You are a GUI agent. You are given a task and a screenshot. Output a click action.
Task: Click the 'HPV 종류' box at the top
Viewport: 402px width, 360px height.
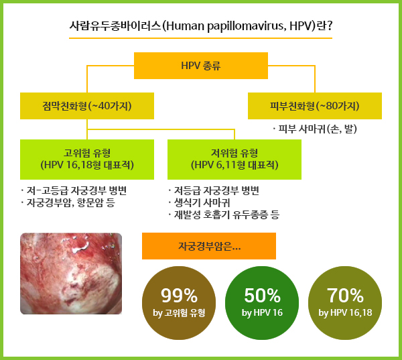[x=201, y=66]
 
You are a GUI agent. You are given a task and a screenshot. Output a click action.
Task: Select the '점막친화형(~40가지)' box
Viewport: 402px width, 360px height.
[x=87, y=106]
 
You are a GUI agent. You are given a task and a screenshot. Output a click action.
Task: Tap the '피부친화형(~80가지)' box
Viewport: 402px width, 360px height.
[x=315, y=106]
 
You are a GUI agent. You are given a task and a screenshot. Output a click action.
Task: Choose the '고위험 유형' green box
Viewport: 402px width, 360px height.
[x=87, y=160]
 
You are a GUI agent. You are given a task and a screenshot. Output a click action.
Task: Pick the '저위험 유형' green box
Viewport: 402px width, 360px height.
[x=234, y=160]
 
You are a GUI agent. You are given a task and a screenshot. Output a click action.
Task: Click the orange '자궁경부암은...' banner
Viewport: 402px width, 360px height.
[x=209, y=246]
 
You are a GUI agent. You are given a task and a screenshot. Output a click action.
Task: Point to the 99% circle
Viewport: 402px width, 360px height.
[x=179, y=303]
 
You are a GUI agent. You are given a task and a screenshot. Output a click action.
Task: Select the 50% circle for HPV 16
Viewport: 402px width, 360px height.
[x=262, y=303]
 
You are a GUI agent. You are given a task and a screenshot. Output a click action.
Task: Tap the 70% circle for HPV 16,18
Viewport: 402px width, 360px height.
[x=345, y=303]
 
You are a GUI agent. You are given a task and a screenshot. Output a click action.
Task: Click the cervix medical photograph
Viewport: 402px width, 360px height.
[x=71, y=274]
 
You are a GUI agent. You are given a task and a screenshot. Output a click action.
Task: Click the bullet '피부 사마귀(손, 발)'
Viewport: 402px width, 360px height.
[x=315, y=129]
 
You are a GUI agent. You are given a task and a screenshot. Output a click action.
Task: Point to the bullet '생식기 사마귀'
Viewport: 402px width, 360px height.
[x=199, y=202]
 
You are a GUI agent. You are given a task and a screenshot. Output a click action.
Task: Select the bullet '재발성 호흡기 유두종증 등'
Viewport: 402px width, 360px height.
[x=224, y=215]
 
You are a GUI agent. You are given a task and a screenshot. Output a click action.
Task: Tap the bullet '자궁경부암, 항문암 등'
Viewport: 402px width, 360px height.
[x=68, y=202]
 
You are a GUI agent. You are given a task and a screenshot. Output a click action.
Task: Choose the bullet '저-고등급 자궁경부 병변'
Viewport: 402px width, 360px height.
[x=74, y=190]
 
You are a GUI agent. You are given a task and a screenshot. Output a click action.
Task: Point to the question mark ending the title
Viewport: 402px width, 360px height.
[x=330, y=25]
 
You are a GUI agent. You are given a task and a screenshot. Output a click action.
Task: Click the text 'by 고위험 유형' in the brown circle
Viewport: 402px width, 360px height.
[x=179, y=313]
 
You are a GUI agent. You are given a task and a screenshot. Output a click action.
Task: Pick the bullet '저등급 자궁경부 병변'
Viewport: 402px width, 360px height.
[x=214, y=190]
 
